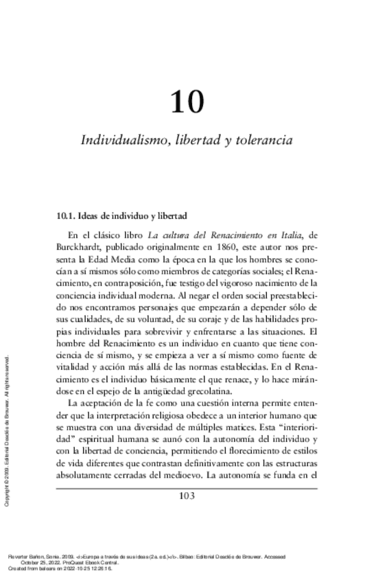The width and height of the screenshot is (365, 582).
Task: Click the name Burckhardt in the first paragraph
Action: coord(81,246)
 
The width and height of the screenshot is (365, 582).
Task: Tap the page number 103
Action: coord(187,497)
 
